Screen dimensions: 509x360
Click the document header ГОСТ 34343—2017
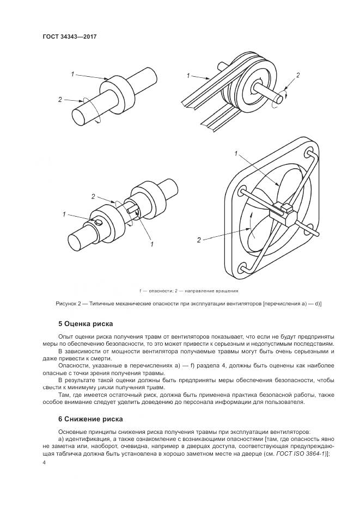pyautogui.click(x=69, y=36)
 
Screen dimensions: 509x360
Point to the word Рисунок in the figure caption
pyautogui.click(x=68, y=304)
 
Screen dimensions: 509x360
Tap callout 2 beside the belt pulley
pyautogui.click(x=297, y=75)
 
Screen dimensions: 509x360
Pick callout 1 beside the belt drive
pyautogui.click(x=187, y=75)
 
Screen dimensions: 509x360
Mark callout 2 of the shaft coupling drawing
pyautogui.click(x=93, y=196)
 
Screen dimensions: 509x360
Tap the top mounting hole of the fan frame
pyautogui.click(x=309, y=149)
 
